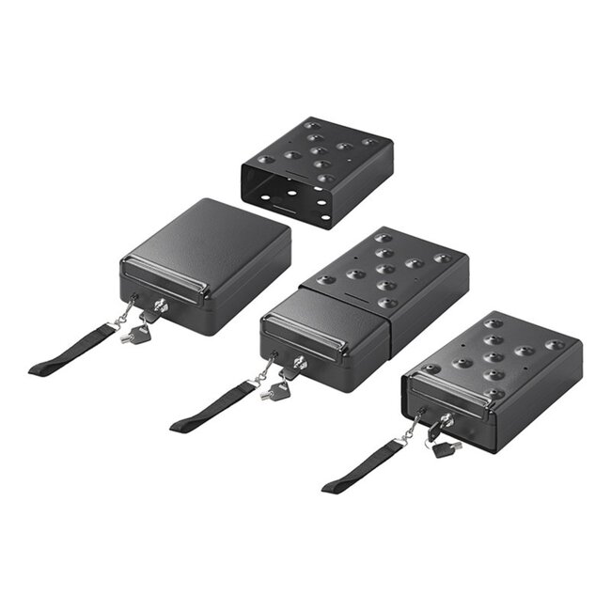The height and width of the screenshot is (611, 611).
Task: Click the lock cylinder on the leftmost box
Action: coord(162,305)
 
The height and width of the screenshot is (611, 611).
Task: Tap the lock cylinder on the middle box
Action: coord(298,362)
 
